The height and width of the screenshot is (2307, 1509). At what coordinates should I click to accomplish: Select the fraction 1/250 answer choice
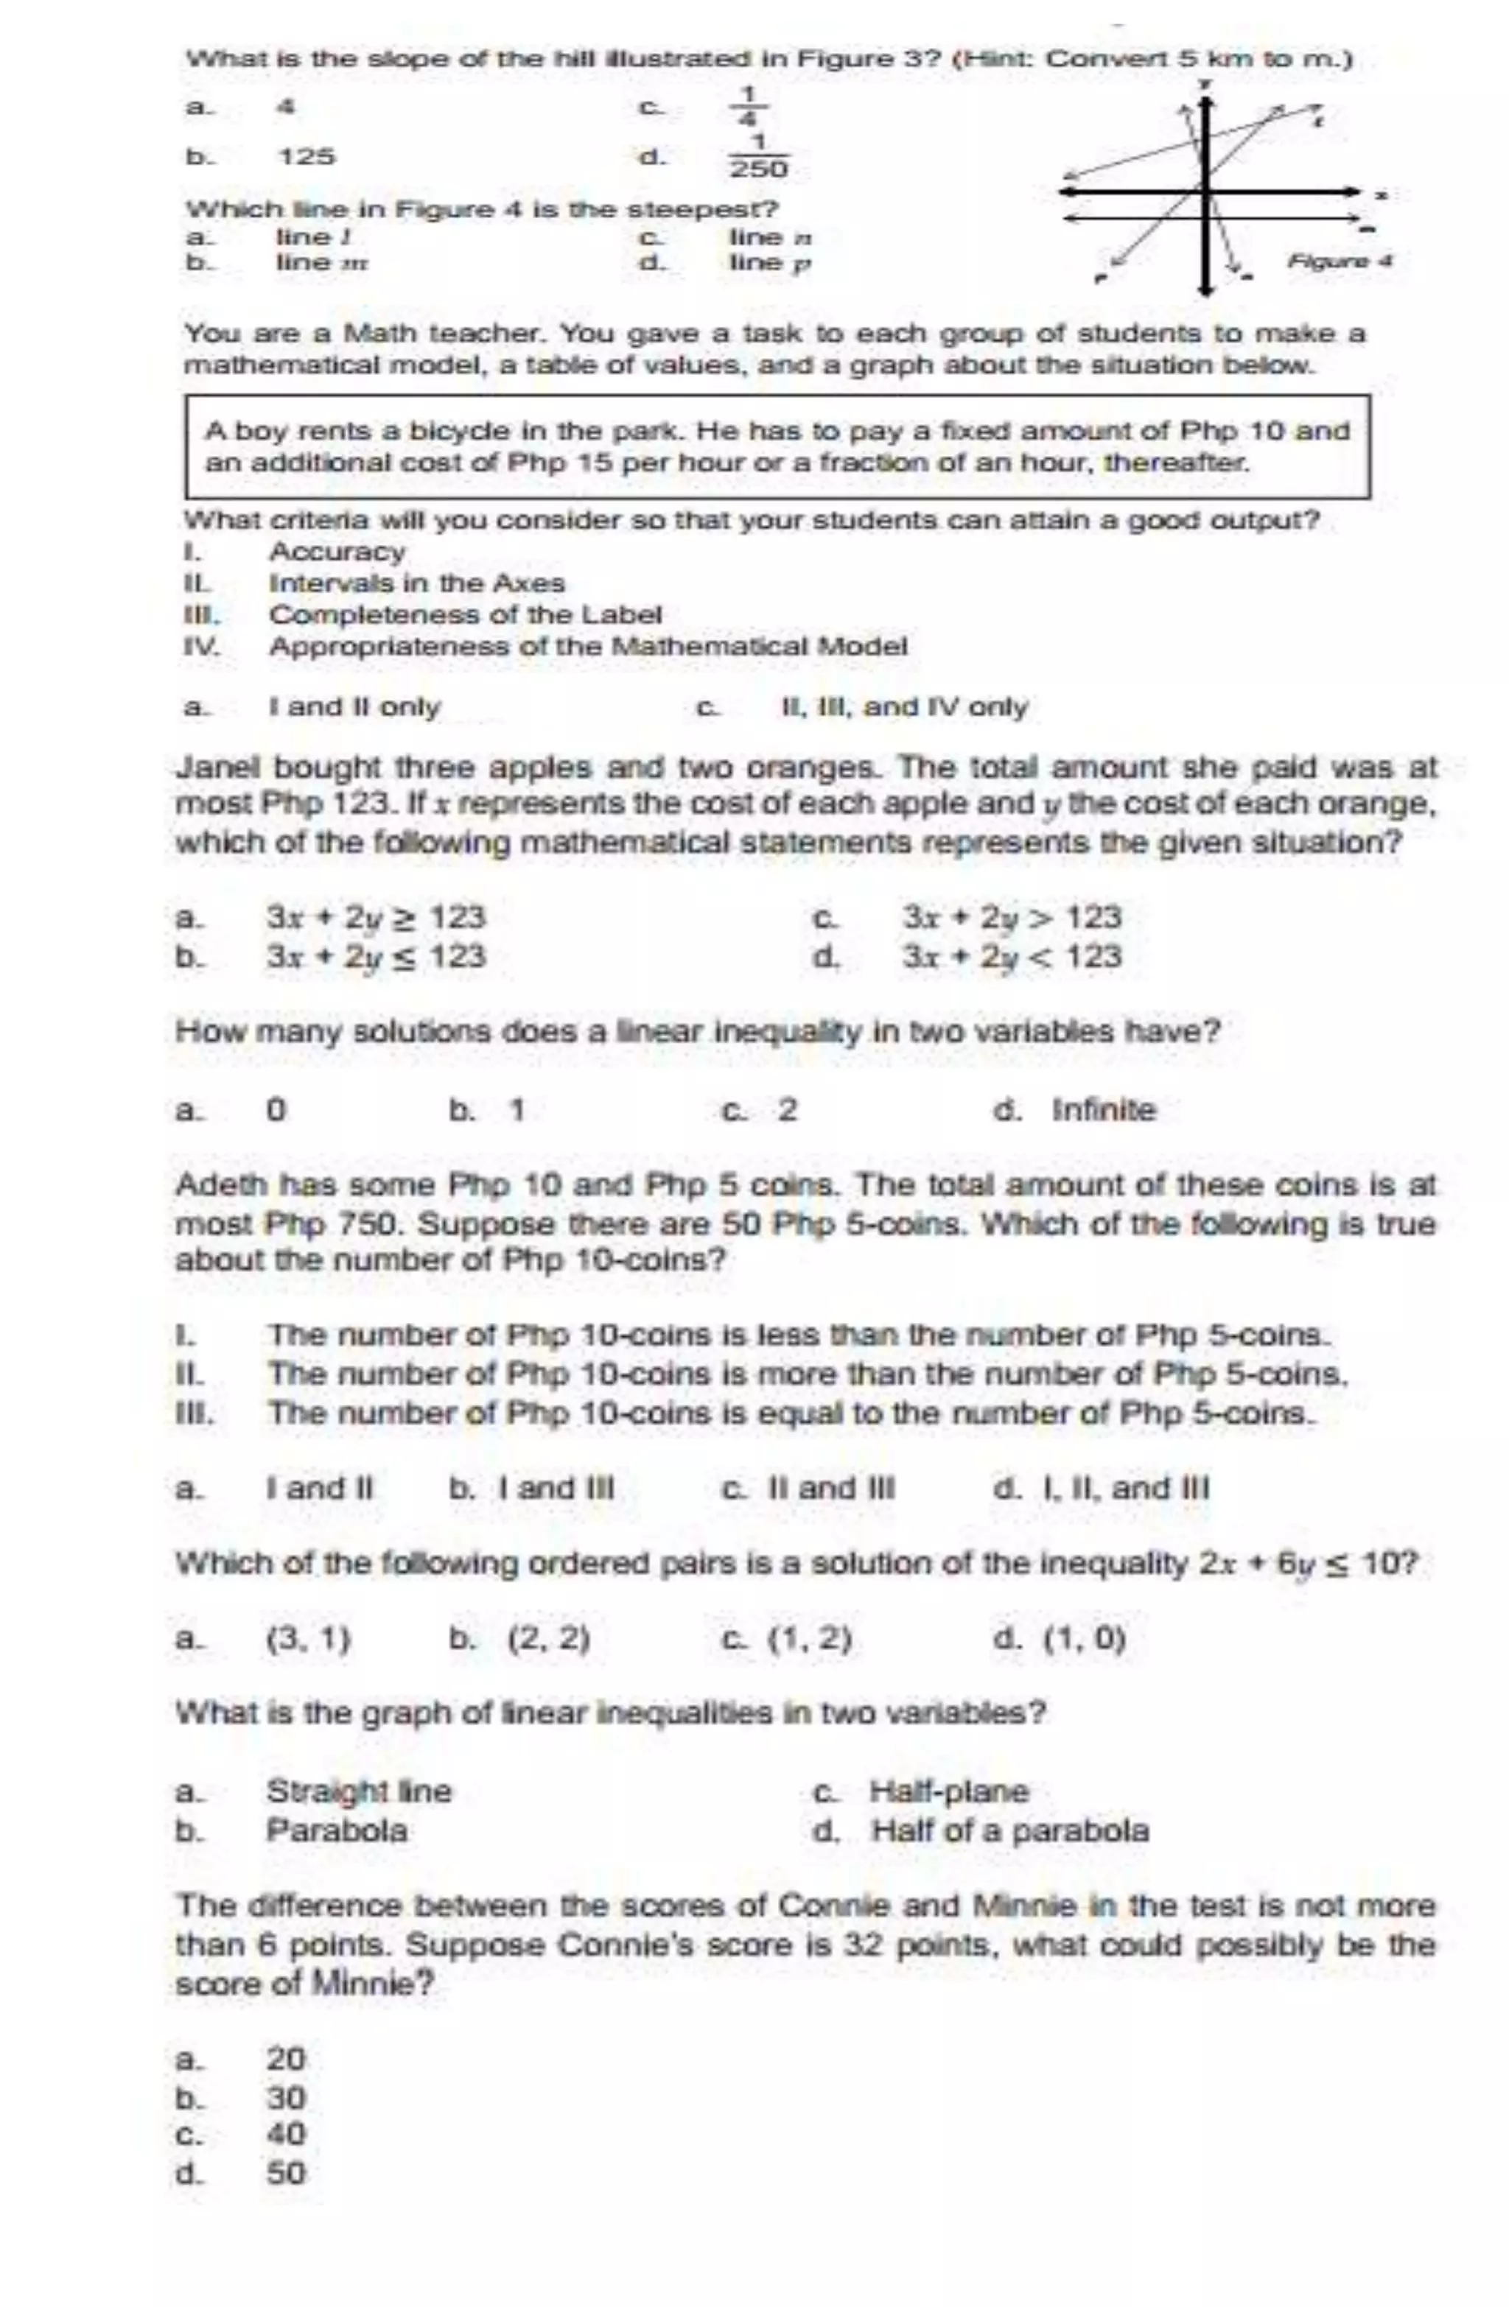pyautogui.click(x=758, y=157)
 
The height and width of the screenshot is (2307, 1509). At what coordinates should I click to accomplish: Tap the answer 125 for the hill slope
pyautogui.click(x=307, y=156)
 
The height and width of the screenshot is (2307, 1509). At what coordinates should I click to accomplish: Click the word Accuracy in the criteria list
pyautogui.click(x=337, y=552)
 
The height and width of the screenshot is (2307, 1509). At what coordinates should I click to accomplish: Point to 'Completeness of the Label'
pyautogui.click(x=466, y=614)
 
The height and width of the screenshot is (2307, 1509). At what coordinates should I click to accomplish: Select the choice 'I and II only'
pyautogui.click(x=354, y=706)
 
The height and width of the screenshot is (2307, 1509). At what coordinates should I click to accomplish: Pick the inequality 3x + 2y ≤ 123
pyautogui.click(x=377, y=957)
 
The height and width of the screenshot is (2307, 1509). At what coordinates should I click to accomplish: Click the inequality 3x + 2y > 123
pyautogui.click(x=1012, y=917)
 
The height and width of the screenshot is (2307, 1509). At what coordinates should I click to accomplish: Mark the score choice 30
pyautogui.click(x=286, y=2098)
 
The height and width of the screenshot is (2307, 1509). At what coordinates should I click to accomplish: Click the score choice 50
pyautogui.click(x=286, y=2173)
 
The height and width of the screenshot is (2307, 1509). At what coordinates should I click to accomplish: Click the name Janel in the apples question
pyautogui.click(x=218, y=768)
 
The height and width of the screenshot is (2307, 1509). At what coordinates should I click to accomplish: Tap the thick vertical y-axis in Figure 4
pyautogui.click(x=1205, y=233)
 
